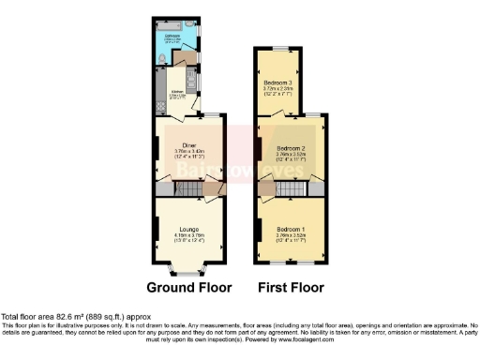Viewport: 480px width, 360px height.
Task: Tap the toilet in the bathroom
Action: pos(164,59)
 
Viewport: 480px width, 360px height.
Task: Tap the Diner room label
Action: pos(187,144)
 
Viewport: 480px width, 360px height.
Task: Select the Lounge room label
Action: pos(188,227)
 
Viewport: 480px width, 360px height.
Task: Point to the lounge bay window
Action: pos(188,272)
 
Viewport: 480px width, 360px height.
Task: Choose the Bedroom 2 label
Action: pos(290,148)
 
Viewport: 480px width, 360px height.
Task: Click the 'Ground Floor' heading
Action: pos(187,287)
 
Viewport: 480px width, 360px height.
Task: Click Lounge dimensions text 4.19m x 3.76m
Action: pos(188,233)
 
